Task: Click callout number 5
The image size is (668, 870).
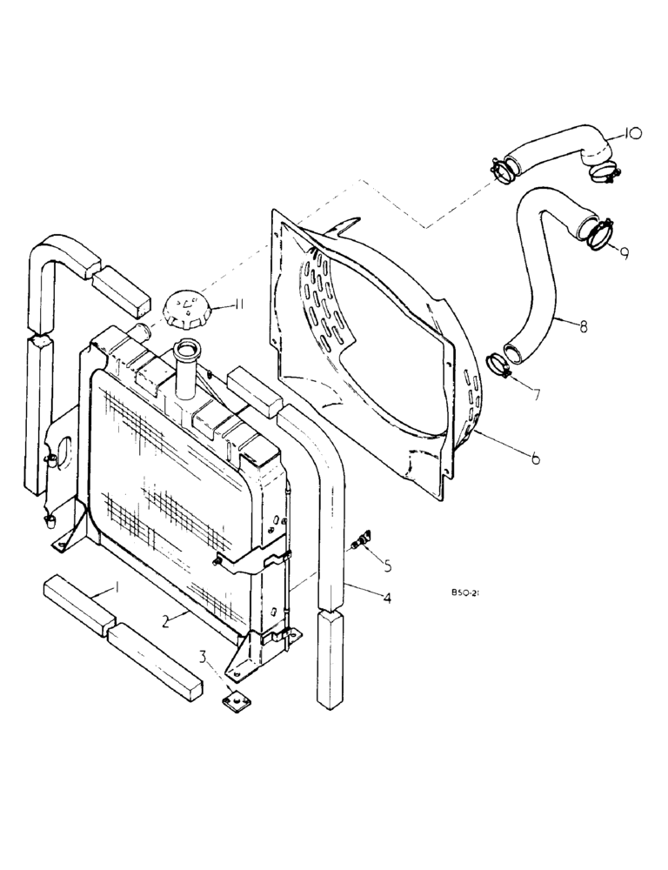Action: tap(387, 565)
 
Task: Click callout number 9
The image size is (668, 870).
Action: tap(625, 251)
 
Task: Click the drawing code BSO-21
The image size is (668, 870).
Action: tap(466, 593)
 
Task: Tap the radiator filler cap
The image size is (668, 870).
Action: tap(185, 310)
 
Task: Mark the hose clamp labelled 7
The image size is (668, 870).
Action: tap(498, 363)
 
